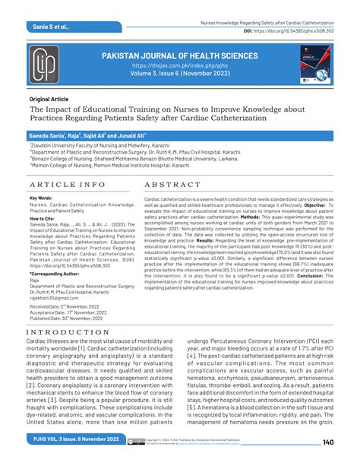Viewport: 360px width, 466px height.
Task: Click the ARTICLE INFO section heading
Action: [x=66, y=184]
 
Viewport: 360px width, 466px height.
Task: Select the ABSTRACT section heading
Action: [x=170, y=184]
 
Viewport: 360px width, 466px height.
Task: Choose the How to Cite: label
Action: [x=43, y=217]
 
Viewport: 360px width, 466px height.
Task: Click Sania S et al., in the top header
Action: [x=51, y=26]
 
